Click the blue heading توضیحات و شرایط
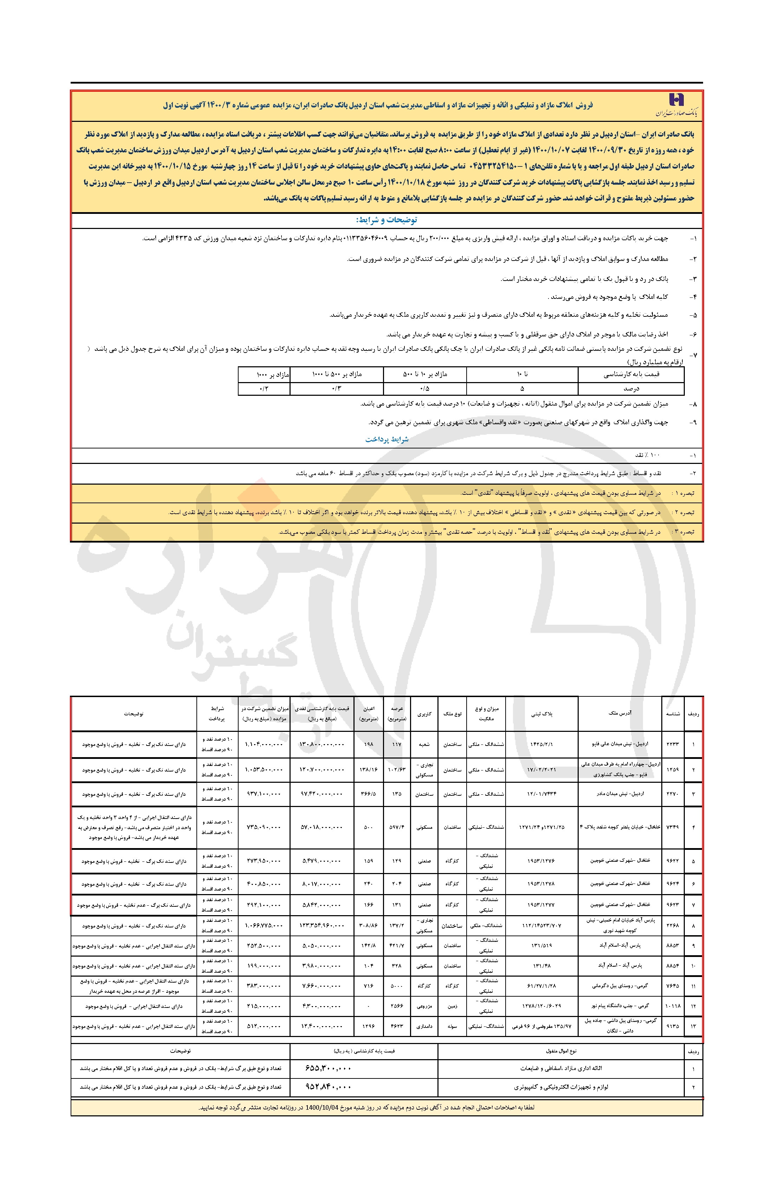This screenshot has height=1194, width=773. point(386,220)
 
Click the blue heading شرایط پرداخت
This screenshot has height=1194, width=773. point(386,439)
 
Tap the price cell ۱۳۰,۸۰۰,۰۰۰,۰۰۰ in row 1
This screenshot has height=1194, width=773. point(322,744)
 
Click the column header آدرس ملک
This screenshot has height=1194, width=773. point(620,713)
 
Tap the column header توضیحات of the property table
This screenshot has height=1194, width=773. point(134,713)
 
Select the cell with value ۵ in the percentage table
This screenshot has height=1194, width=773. point(522,388)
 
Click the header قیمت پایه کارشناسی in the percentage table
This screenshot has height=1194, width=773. point(631,374)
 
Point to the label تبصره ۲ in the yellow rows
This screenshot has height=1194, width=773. point(684,512)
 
